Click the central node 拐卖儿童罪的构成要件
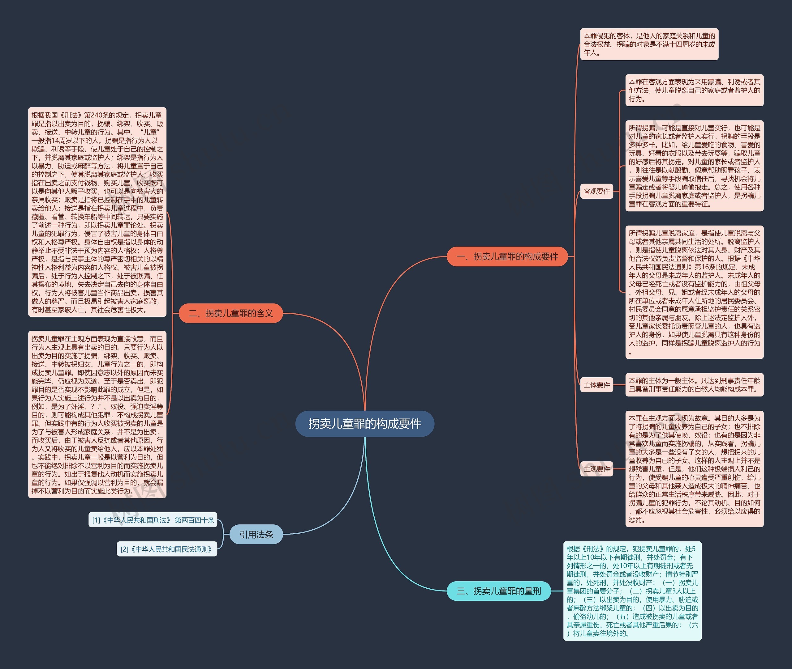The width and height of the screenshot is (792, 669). [x=364, y=424]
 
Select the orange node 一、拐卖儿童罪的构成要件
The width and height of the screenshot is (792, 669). [x=507, y=256]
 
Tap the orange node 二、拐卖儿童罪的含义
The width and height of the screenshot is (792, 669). [x=231, y=313]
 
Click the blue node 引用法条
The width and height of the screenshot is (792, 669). [x=256, y=534]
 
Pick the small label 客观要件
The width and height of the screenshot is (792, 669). [x=596, y=191]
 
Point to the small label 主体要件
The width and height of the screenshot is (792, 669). [x=596, y=385]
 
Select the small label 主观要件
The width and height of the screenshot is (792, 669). [x=596, y=469]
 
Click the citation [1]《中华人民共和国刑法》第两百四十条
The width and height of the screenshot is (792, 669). [x=153, y=520]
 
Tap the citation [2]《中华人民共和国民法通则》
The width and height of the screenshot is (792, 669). [x=167, y=549]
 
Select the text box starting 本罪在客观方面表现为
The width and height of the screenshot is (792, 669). [x=695, y=90]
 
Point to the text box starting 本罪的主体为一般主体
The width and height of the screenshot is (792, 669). [x=695, y=385]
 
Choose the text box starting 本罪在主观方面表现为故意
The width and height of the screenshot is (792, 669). [x=695, y=469]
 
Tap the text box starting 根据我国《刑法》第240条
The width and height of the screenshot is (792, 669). [x=97, y=212]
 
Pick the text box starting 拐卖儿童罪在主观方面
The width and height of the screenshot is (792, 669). [x=97, y=414]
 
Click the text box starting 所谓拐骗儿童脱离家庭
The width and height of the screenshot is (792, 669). [x=695, y=292]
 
